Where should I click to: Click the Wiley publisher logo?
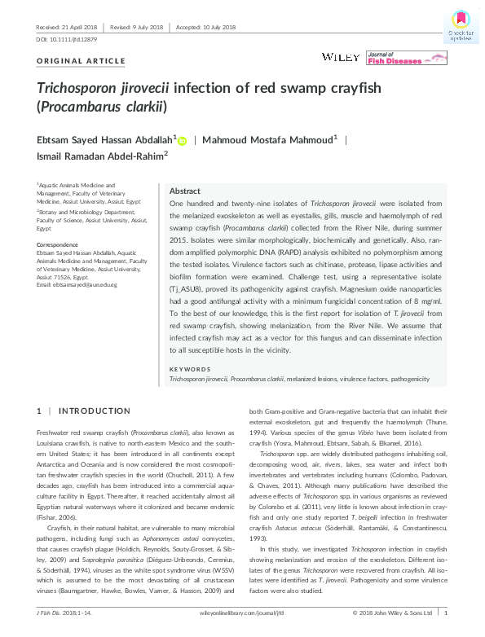(337, 57)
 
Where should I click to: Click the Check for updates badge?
(461, 25)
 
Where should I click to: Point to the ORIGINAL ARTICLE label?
(81, 61)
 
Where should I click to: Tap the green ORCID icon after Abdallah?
(182, 140)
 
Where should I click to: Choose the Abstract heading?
(184, 189)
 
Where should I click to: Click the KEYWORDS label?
(187, 369)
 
